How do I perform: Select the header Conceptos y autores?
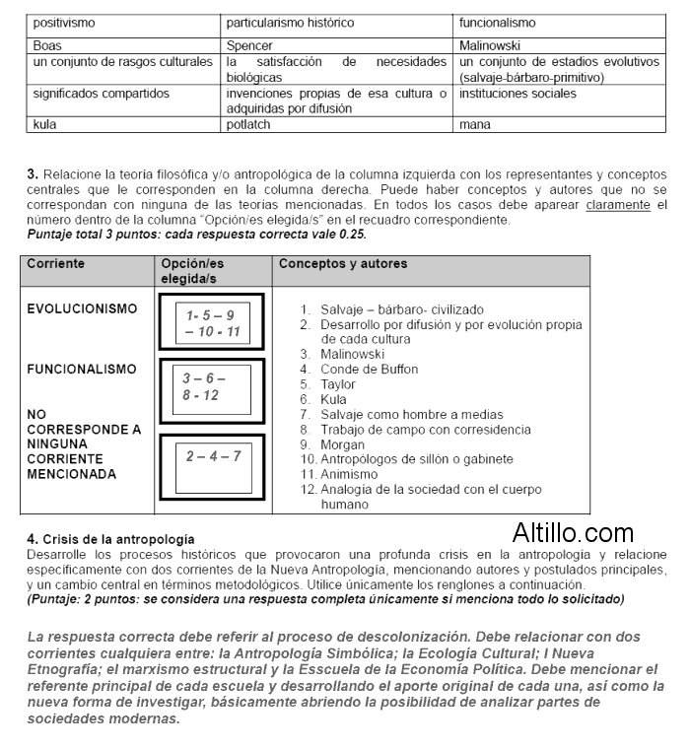click(x=343, y=264)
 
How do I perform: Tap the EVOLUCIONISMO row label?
click(x=82, y=309)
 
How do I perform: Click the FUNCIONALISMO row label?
click(x=82, y=370)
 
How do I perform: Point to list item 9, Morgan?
click(x=342, y=444)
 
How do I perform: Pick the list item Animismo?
click(x=348, y=474)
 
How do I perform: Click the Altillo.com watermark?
click(x=573, y=534)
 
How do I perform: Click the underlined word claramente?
click(x=618, y=206)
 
